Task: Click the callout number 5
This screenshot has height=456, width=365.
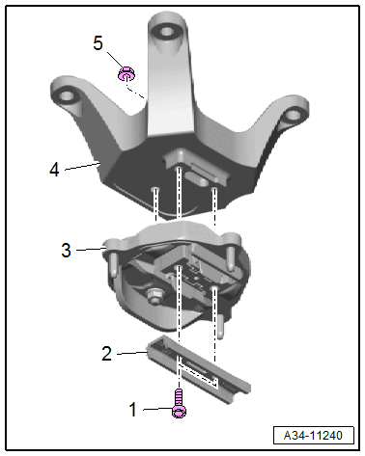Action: pyautogui.click(x=98, y=43)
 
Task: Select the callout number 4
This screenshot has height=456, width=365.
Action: pyautogui.click(x=54, y=170)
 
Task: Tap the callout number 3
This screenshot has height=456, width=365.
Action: pyautogui.click(x=66, y=250)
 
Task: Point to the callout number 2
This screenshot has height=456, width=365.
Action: pyautogui.click(x=106, y=354)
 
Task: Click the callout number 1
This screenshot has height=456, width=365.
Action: pyautogui.click(x=132, y=410)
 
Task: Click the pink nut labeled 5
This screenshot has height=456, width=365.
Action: pyautogui.click(x=126, y=73)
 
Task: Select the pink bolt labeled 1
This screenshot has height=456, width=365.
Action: pyautogui.click(x=179, y=403)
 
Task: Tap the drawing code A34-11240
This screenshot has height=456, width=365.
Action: pyautogui.click(x=313, y=436)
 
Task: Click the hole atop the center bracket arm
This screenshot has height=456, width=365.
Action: pyautogui.click(x=167, y=32)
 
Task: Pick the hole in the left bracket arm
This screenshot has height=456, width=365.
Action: pyautogui.click(x=67, y=95)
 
